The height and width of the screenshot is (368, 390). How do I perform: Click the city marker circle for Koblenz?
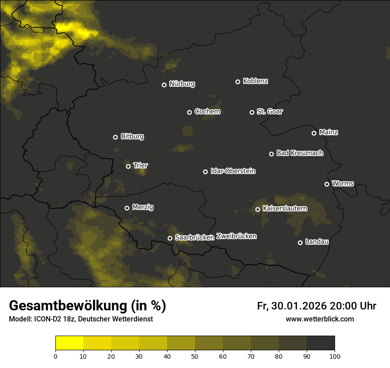tap(238, 82)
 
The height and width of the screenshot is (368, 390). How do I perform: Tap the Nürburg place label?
tap(182, 84)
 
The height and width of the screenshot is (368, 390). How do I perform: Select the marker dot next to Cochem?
tap(189, 112)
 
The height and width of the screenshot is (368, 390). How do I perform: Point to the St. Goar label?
tap(269, 111)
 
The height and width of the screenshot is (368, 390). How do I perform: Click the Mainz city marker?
tap(314, 133)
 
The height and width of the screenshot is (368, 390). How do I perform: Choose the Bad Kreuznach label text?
tap(300, 153)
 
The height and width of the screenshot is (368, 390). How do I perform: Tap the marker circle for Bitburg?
tap(115, 137)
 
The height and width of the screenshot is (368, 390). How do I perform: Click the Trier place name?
tap(140, 165)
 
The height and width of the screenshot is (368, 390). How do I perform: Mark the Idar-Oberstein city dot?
tap(205, 172)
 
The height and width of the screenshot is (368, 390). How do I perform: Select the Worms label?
tap(343, 183)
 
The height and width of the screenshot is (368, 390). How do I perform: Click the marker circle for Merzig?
tap(127, 208)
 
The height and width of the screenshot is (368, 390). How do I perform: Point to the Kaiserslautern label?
tap(285, 208)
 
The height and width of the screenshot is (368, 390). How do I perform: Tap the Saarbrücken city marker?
tap(170, 238)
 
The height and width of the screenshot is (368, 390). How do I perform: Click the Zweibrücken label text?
tap(236, 236)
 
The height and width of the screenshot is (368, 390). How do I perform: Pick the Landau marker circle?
tap(300, 243)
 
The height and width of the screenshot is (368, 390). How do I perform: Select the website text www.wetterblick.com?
tap(320, 319)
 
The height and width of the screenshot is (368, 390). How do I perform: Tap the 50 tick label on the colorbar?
tap(195, 356)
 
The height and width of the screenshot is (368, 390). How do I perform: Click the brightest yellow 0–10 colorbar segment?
tap(69, 343)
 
